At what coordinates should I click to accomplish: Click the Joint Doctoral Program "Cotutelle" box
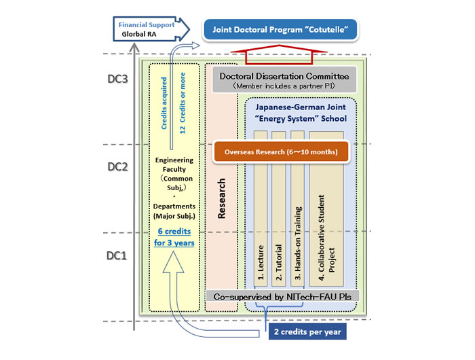[280, 29]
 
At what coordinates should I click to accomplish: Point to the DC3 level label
[117, 80]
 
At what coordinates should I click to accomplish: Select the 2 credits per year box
[305, 331]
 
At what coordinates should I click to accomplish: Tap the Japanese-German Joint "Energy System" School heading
[301, 113]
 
